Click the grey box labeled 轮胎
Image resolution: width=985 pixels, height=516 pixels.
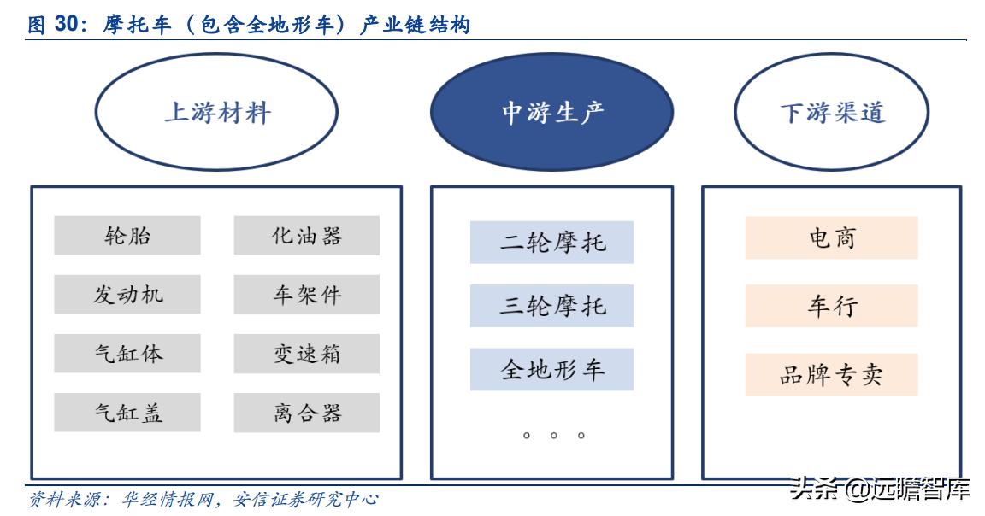point(127,235)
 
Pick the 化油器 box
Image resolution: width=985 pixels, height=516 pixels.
point(307,235)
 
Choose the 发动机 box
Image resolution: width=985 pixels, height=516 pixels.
point(127,294)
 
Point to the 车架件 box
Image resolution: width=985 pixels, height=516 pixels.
point(307,294)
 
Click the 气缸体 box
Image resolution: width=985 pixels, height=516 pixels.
point(127,353)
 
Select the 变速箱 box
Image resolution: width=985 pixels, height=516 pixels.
point(307,353)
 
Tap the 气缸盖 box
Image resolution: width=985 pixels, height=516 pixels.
point(127,412)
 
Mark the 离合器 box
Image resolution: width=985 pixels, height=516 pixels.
point(307,412)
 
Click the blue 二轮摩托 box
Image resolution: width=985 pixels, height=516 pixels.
point(551,242)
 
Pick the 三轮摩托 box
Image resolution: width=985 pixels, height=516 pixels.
point(551,306)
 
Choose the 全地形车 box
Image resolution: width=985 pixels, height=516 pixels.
point(551,369)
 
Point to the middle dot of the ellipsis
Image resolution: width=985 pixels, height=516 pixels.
point(553,436)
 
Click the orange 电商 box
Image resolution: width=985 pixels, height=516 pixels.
point(831,237)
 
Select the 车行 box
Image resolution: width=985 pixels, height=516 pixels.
point(831,306)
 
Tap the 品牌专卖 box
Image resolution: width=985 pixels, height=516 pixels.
point(831,374)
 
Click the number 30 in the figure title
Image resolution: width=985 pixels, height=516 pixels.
point(68,25)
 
